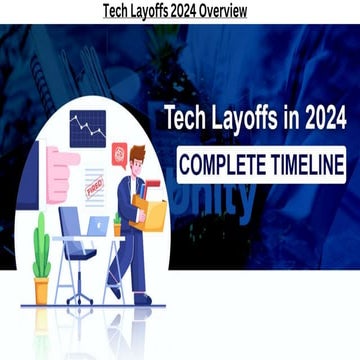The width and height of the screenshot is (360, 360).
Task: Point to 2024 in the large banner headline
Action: (313, 118)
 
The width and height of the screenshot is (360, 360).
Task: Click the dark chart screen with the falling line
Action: (87, 128)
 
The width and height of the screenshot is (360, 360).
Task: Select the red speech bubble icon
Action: (120, 153)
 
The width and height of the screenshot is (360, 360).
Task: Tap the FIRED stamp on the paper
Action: (96, 187)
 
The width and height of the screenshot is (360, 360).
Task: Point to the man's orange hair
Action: (138, 152)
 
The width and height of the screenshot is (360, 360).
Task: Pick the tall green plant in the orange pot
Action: (41, 255)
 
